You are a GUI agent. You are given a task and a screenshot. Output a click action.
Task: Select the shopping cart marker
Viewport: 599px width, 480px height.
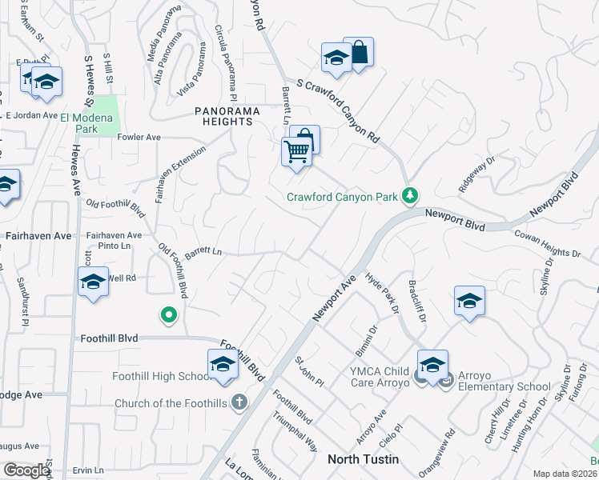tap(295, 150)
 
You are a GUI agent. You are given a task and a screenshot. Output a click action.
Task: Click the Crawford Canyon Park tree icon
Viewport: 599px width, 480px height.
tap(410, 195)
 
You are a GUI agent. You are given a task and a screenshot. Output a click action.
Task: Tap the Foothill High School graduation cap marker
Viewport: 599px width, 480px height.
tap(222, 365)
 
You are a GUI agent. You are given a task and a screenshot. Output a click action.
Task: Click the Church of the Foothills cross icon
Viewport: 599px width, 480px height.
tap(239, 402)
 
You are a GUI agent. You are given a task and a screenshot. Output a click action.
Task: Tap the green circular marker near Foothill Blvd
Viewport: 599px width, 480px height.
tap(168, 316)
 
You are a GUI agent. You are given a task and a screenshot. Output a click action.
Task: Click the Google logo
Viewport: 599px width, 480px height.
tap(26, 470)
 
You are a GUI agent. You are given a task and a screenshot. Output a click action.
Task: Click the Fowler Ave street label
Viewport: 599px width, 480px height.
tap(139, 137)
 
